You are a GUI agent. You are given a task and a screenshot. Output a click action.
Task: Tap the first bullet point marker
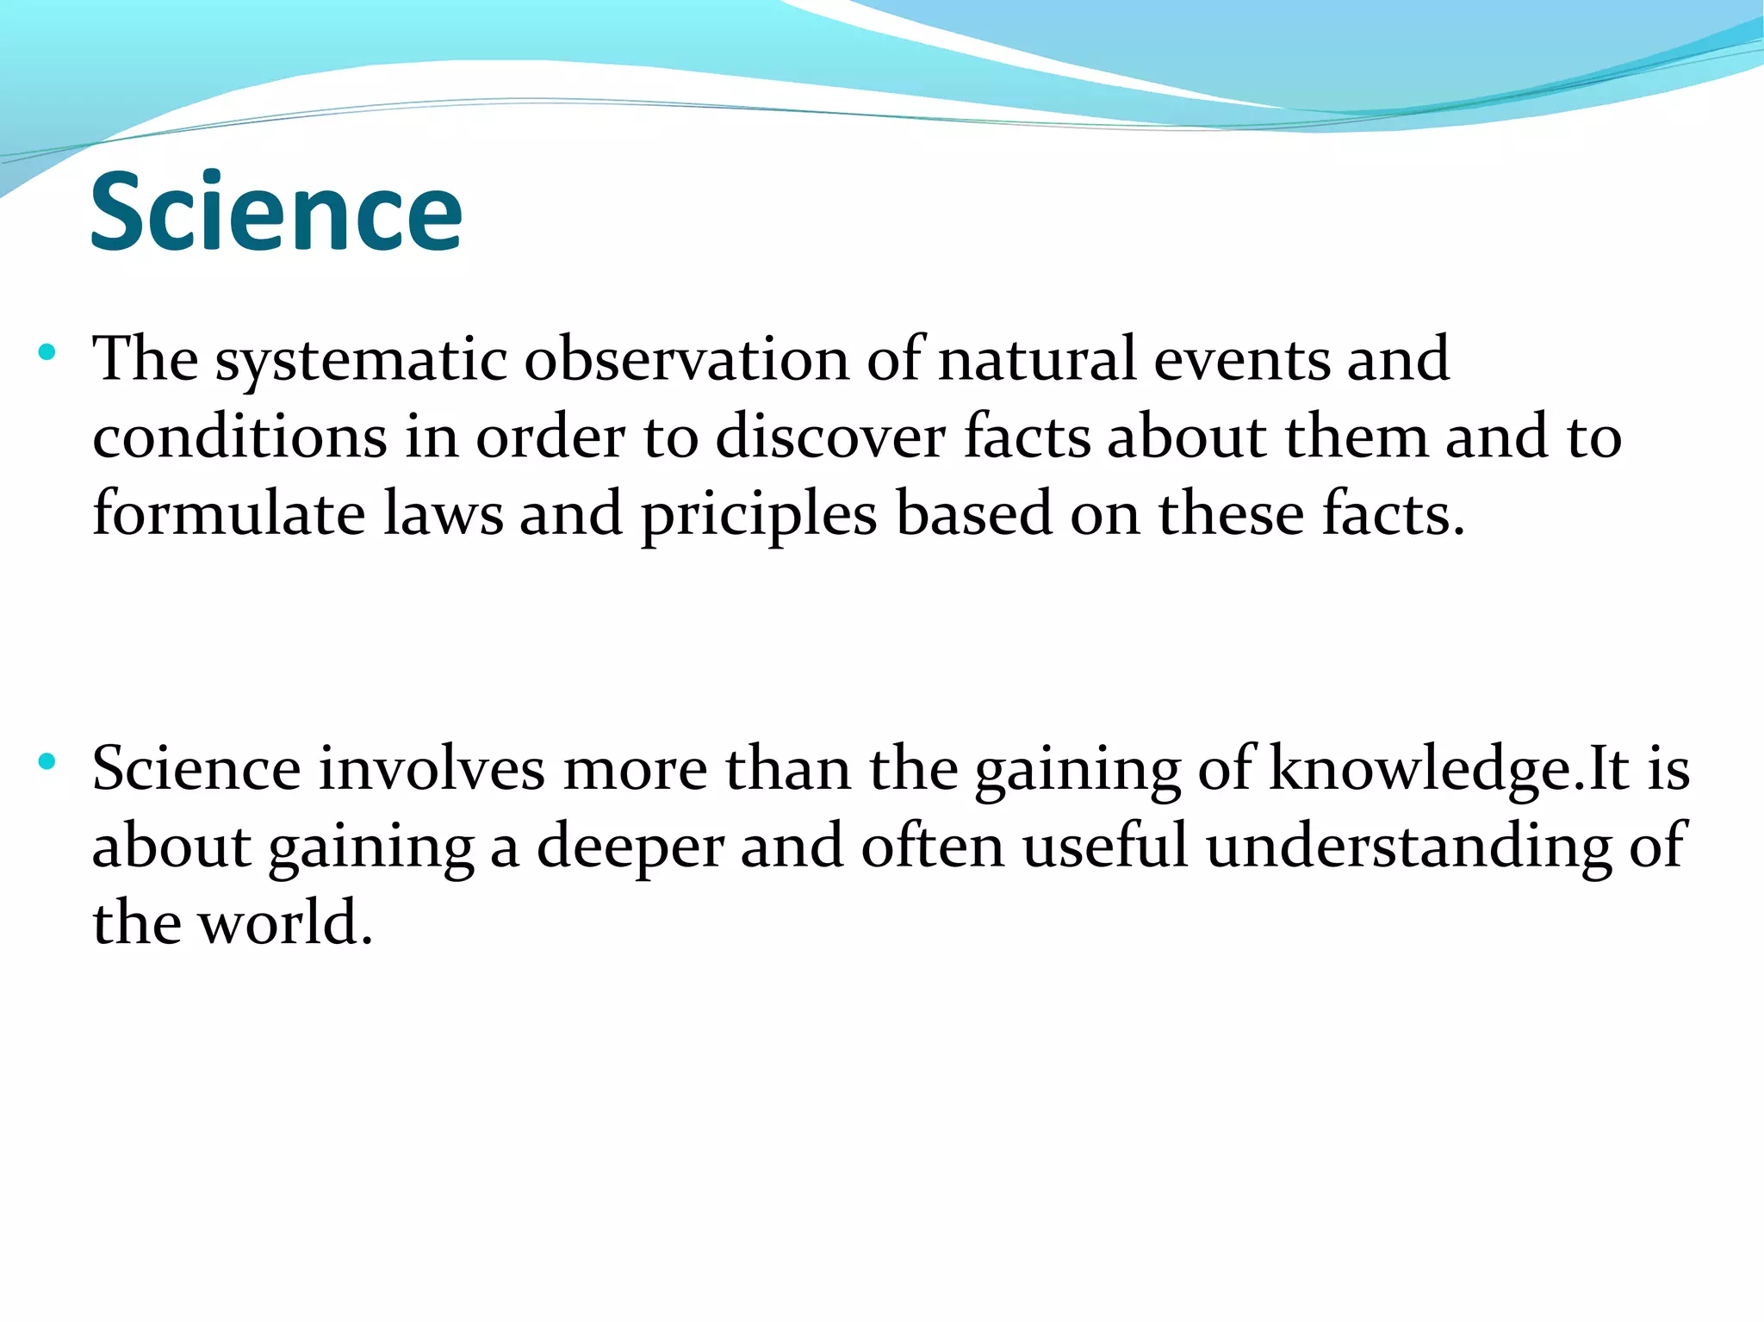47,352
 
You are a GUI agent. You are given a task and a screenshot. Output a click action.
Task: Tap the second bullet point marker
47,761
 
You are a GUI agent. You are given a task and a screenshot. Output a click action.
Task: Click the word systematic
360,360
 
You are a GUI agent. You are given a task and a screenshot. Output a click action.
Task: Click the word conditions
239,437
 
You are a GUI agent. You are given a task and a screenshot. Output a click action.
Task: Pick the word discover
829,437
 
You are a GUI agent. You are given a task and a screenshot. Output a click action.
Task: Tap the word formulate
228,514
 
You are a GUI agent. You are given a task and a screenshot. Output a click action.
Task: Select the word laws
443,514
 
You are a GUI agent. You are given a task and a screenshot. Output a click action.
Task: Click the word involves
431,768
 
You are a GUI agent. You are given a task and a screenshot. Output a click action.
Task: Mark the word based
973,514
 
